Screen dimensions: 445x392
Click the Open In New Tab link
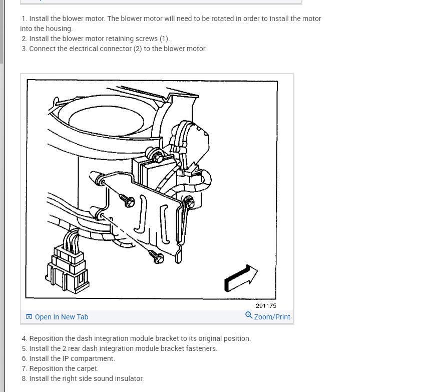pyautogui.click(x=61, y=317)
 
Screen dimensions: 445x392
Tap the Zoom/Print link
pyautogui.click(x=272, y=317)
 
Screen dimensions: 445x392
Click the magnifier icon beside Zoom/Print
pyautogui.click(x=249, y=315)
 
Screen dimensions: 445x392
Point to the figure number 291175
pyautogui.click(x=266, y=306)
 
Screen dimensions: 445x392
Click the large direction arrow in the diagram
pyautogui.click(x=241, y=278)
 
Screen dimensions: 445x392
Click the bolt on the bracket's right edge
pyautogui.click(x=190, y=203)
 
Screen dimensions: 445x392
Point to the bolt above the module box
pyautogui.click(x=156, y=156)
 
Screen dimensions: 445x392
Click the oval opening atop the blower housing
pyautogui.click(x=106, y=121)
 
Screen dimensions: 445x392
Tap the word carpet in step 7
pyautogui.click(x=88, y=369)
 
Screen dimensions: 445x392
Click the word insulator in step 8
pyautogui.click(x=129, y=378)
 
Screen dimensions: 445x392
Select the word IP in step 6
pyautogui.click(x=66, y=358)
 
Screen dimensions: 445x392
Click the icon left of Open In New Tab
pyautogui.click(x=29, y=316)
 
